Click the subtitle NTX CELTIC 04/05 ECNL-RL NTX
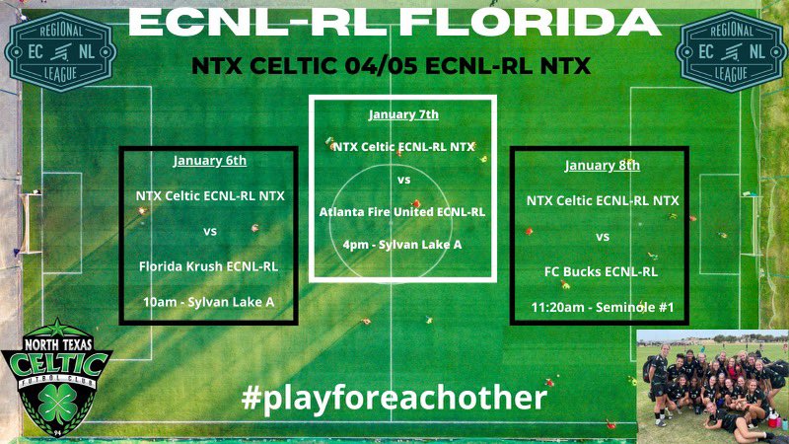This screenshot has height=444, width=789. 394,67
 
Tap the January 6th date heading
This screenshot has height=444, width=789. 209,160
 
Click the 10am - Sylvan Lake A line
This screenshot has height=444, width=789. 209,301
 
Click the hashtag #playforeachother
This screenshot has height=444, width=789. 394,399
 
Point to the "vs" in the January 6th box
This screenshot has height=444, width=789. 209,231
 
